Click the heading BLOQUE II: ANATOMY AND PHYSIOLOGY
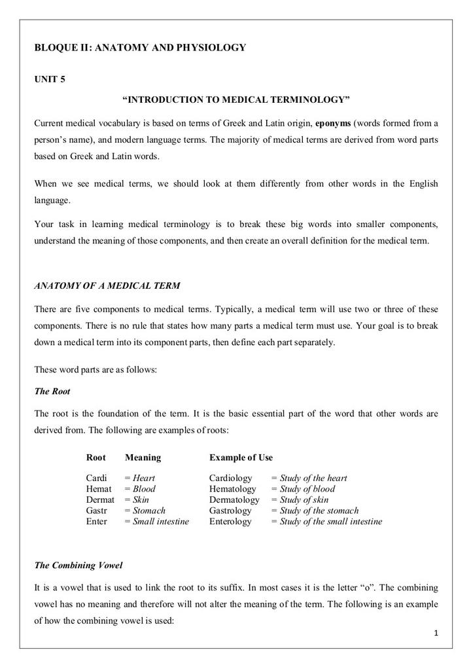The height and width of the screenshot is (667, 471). pos(140,47)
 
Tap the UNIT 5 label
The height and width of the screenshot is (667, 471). pos(50,80)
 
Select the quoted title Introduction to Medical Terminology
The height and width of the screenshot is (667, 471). pos(236,99)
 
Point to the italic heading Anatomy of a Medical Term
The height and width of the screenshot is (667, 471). pos(107,285)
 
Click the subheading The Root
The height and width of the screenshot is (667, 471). pos(52,391)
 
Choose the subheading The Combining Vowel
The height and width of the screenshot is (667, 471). pos(78,565)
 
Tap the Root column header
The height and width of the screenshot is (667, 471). pos(96,458)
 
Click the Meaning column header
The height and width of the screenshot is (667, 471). pos(143,458)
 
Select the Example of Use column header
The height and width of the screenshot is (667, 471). pos(241,458)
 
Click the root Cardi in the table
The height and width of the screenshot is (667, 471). pos(96,478)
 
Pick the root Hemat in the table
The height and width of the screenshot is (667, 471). pos(99,489)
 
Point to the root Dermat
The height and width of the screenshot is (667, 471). pos(100,499)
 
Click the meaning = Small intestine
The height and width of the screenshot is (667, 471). pos(156,522)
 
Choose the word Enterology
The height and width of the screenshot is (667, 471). pos(230,522)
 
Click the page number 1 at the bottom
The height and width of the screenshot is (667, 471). pos(435,634)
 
